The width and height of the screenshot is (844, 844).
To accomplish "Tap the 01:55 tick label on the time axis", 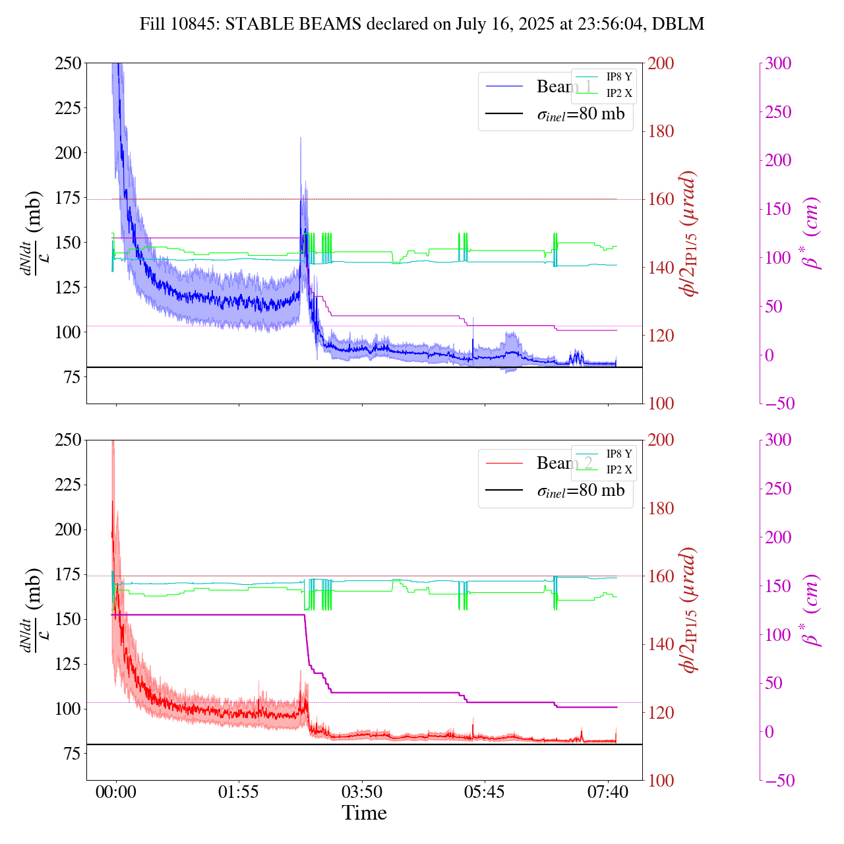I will (x=238, y=791).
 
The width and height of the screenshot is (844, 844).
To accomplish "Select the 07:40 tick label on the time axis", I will (x=607, y=791).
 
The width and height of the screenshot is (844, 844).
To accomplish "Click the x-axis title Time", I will (x=364, y=813).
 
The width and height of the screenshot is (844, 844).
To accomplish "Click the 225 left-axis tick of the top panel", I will (x=68, y=108).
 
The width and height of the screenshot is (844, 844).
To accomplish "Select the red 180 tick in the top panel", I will (x=661, y=131).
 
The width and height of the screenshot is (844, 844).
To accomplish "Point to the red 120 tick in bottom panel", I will (x=661, y=713).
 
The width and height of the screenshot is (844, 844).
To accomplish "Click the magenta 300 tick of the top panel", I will (x=778, y=63).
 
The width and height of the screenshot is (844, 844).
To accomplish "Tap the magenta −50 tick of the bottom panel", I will (x=778, y=781).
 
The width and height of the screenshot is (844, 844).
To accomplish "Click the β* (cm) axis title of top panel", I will (x=812, y=233).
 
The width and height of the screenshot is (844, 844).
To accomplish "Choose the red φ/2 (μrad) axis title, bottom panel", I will (x=689, y=610).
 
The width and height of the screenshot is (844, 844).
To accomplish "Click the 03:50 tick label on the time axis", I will (x=361, y=791).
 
